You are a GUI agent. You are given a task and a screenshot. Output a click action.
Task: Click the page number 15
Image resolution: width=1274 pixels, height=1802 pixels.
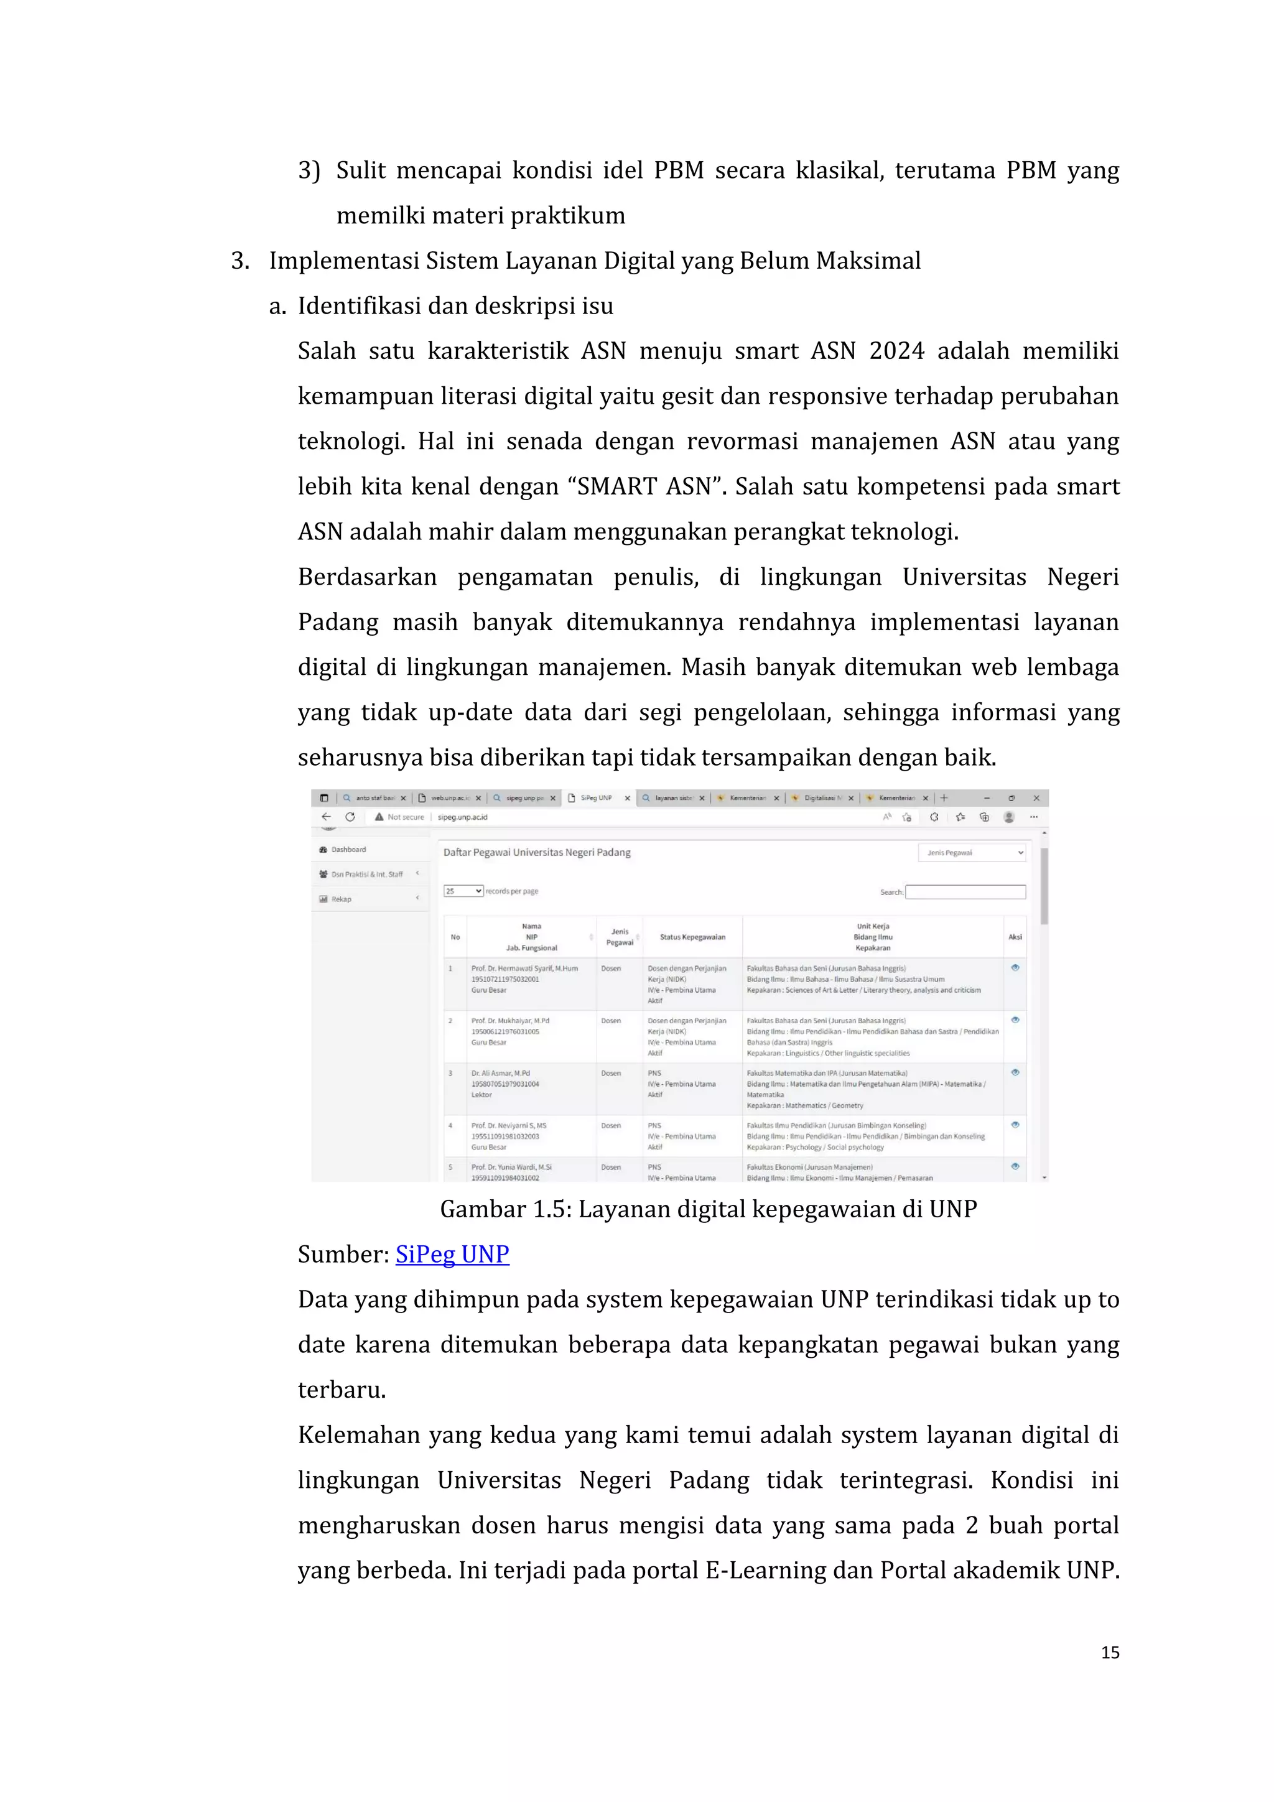tap(1109, 1652)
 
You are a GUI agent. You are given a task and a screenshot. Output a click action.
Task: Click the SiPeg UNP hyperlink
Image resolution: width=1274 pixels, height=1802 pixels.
tap(452, 1254)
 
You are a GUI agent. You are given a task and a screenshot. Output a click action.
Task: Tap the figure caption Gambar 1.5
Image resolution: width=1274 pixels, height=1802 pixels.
tap(707, 1209)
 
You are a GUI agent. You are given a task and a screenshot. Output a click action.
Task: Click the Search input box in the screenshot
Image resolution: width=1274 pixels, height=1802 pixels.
tap(965, 891)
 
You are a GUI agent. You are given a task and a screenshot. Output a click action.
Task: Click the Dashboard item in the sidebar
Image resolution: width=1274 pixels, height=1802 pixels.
tap(348, 849)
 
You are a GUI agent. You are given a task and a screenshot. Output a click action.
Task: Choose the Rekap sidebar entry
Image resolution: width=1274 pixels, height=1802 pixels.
tap(342, 899)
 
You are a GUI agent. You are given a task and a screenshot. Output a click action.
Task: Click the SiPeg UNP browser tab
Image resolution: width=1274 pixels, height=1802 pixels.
tap(597, 798)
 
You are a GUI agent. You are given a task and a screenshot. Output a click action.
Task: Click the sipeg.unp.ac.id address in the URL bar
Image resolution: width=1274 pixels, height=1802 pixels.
tap(462, 817)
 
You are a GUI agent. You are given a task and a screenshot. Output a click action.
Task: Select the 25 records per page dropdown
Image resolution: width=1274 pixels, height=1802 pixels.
tap(463, 891)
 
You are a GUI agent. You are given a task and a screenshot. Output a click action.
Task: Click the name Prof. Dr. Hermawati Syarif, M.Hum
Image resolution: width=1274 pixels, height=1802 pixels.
tap(524, 968)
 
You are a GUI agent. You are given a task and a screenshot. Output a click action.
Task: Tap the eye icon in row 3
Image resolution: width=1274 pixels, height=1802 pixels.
tap(1015, 1072)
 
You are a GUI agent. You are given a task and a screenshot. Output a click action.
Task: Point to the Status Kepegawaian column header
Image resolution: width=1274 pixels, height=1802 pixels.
tap(692, 937)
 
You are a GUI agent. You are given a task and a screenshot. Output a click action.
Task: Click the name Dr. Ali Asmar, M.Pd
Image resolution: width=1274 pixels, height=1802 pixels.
tap(501, 1073)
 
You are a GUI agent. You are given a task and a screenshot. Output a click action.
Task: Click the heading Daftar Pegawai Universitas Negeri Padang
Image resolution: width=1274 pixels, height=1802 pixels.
tap(537, 852)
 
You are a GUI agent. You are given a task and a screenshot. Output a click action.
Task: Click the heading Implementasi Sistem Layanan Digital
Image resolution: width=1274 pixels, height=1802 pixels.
tap(594, 261)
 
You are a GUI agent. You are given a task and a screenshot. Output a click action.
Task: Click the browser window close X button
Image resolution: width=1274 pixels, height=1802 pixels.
tap(1036, 798)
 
